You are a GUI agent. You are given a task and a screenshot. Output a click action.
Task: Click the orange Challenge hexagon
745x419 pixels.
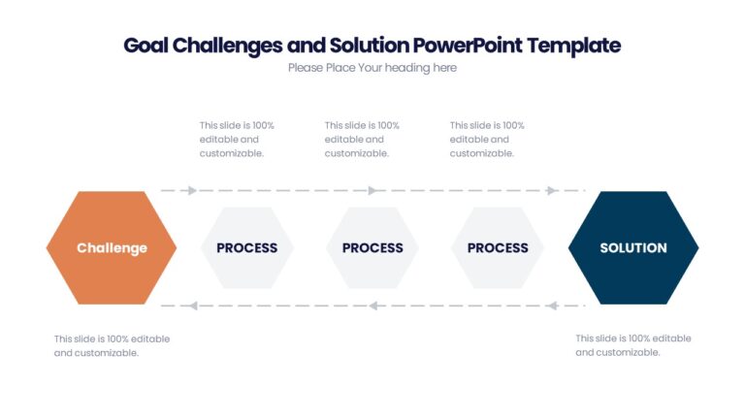point(112,247)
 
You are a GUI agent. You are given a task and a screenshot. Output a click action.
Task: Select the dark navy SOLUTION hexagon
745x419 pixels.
point(632,247)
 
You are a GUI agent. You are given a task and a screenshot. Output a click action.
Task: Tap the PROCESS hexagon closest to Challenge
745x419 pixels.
point(246,247)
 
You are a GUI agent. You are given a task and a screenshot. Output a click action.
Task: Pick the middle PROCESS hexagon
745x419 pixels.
point(372,247)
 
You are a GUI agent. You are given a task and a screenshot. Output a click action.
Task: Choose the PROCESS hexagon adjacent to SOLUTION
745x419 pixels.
point(498,247)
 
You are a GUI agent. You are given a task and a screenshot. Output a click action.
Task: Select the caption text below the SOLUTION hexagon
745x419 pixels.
point(632,345)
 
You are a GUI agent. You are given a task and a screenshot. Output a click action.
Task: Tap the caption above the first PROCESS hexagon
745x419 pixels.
point(237,139)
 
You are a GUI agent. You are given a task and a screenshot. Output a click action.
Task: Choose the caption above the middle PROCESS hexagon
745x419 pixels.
point(362,139)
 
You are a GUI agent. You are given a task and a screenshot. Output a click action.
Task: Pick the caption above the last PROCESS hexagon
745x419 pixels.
point(487,139)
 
